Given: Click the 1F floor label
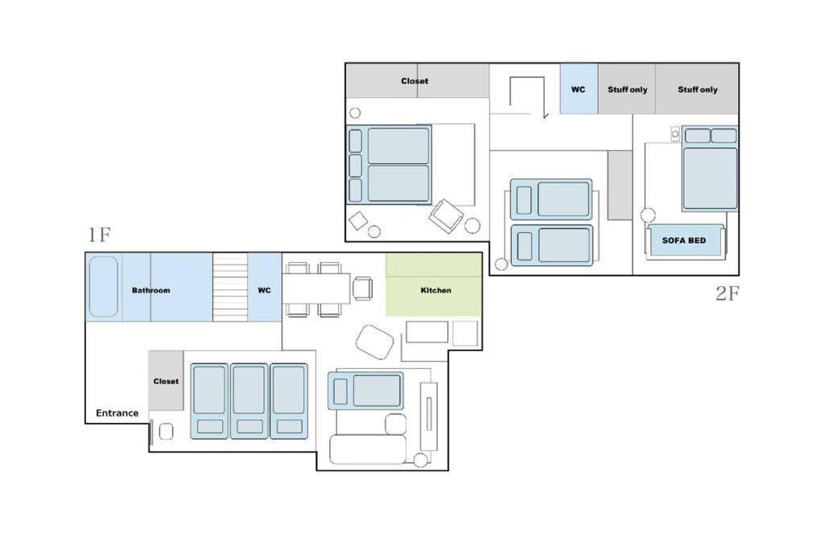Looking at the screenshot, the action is [99, 235].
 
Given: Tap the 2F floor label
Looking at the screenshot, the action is [727, 293].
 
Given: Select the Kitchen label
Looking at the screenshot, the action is [435, 290].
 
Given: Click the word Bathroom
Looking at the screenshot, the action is [150, 290].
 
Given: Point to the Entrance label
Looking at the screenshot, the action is [117, 413].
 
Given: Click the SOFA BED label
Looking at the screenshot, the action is [684, 240].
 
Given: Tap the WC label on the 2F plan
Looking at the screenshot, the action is [578, 90].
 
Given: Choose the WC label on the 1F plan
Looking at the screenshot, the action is [264, 290].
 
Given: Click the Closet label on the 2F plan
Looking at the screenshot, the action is [414, 81].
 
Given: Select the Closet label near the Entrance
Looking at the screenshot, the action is [166, 382].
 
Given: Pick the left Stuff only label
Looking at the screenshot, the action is [628, 90].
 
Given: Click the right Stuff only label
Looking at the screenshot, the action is [698, 90].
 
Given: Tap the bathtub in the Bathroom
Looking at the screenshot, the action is [104, 287].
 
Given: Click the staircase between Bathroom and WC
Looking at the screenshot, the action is [230, 287].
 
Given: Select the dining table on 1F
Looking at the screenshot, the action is [316, 288].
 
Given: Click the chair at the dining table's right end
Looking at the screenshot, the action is [363, 288].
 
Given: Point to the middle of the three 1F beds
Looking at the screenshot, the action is [249, 401].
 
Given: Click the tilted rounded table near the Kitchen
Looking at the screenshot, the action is [375, 342].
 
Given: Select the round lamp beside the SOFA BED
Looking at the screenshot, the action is [648, 215].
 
